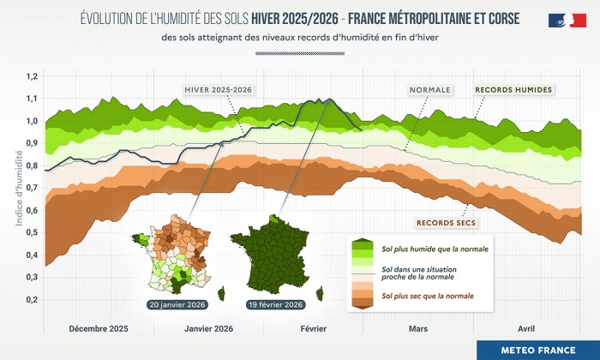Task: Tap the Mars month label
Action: pos(418,328)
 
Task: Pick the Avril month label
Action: pos(526,328)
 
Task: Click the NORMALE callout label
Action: pos(430,89)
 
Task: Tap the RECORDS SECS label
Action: pos(446,223)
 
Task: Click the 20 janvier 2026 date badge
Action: pos(177,304)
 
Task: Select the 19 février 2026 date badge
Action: pos(276,304)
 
